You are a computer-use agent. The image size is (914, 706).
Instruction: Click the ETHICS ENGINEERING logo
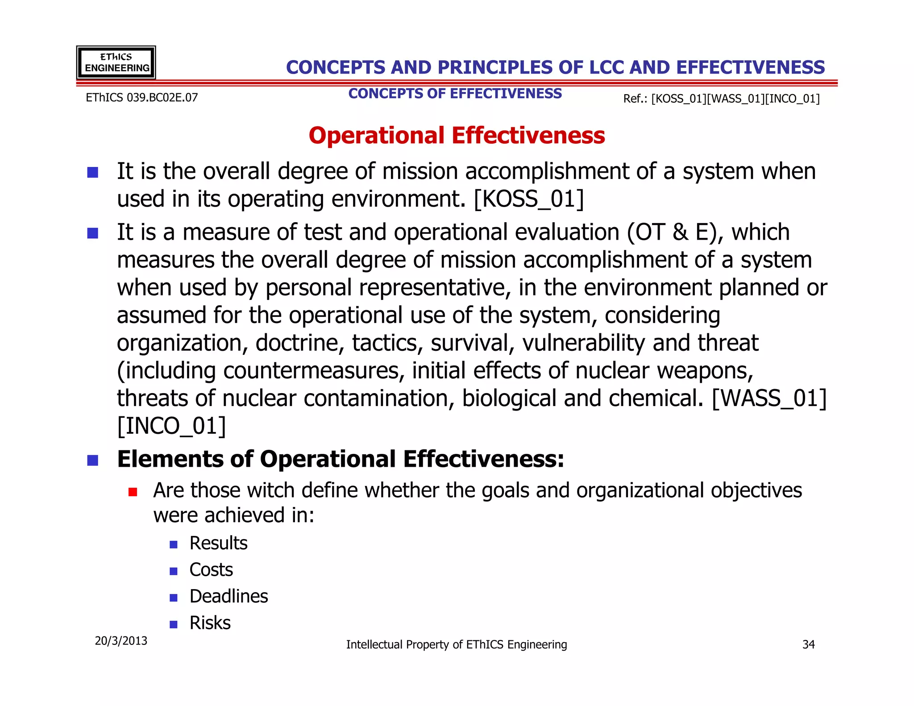[116, 62]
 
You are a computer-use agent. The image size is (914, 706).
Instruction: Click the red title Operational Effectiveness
[457, 136]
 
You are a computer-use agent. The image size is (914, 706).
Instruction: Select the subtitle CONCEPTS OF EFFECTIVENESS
[455, 94]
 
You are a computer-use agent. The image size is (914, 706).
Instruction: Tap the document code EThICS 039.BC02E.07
[141, 98]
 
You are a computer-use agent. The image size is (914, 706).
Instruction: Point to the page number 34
[808, 644]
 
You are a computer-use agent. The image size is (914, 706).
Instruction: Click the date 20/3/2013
[121, 641]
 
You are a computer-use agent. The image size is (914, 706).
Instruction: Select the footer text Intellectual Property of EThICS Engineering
[457, 644]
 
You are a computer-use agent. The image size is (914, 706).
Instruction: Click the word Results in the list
[218, 543]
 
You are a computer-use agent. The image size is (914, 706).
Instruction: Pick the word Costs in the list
[211, 570]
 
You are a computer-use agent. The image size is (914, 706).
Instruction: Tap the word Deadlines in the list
[228, 597]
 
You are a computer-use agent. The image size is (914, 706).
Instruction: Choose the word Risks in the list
[210, 623]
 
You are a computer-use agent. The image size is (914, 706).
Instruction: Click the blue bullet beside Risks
[174, 624]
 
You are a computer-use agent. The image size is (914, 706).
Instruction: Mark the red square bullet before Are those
[133, 492]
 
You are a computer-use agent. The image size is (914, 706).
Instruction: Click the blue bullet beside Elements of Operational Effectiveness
[93, 461]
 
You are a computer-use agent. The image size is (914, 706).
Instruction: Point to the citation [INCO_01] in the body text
[171, 426]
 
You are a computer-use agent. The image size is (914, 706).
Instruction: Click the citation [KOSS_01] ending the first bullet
[528, 199]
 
